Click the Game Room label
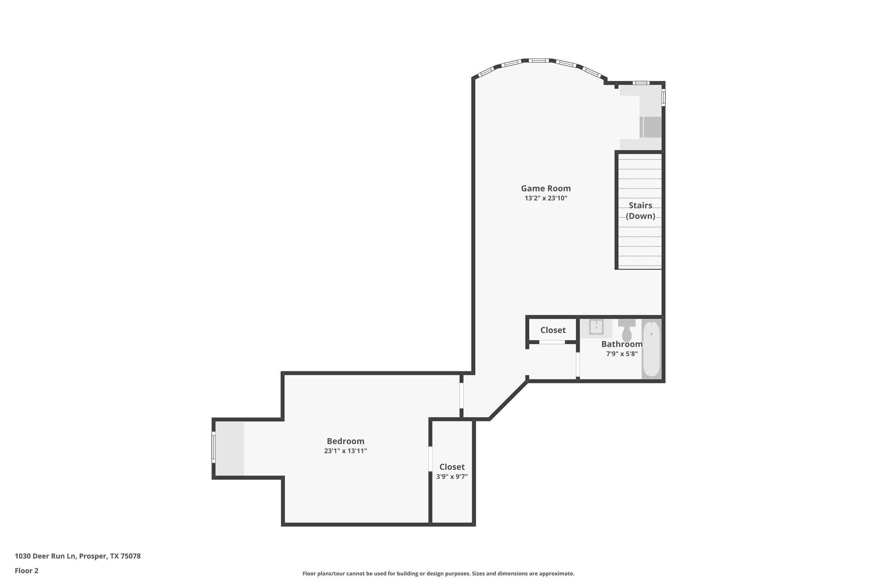pyautogui.click(x=546, y=188)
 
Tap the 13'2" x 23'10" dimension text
pyautogui.click(x=546, y=198)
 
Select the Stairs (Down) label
pyautogui.click(x=640, y=210)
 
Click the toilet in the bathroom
pyautogui.click(x=627, y=330)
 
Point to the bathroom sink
pyautogui.click(x=596, y=327)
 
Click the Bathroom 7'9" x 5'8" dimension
pyautogui.click(x=622, y=354)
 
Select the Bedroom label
pyautogui.click(x=345, y=441)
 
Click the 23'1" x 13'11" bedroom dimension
pyautogui.click(x=345, y=451)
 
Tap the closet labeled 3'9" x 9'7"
pyautogui.click(x=452, y=471)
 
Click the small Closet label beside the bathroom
pyautogui.click(x=553, y=330)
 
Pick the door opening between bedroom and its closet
pyautogui.click(x=430, y=459)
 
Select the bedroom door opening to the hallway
pyautogui.click(x=462, y=396)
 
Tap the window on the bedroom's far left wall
pyautogui.click(x=213, y=447)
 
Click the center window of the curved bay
pyautogui.click(x=539, y=61)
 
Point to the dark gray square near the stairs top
pyautogui.click(x=652, y=127)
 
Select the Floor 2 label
pyautogui.click(x=27, y=571)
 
